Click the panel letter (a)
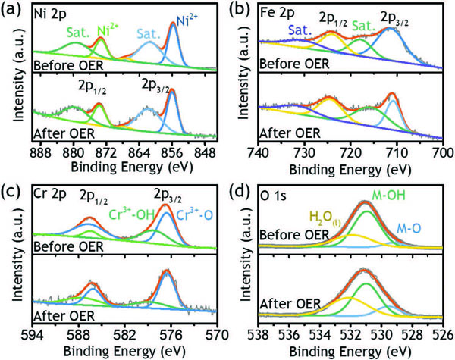[11, 11]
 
